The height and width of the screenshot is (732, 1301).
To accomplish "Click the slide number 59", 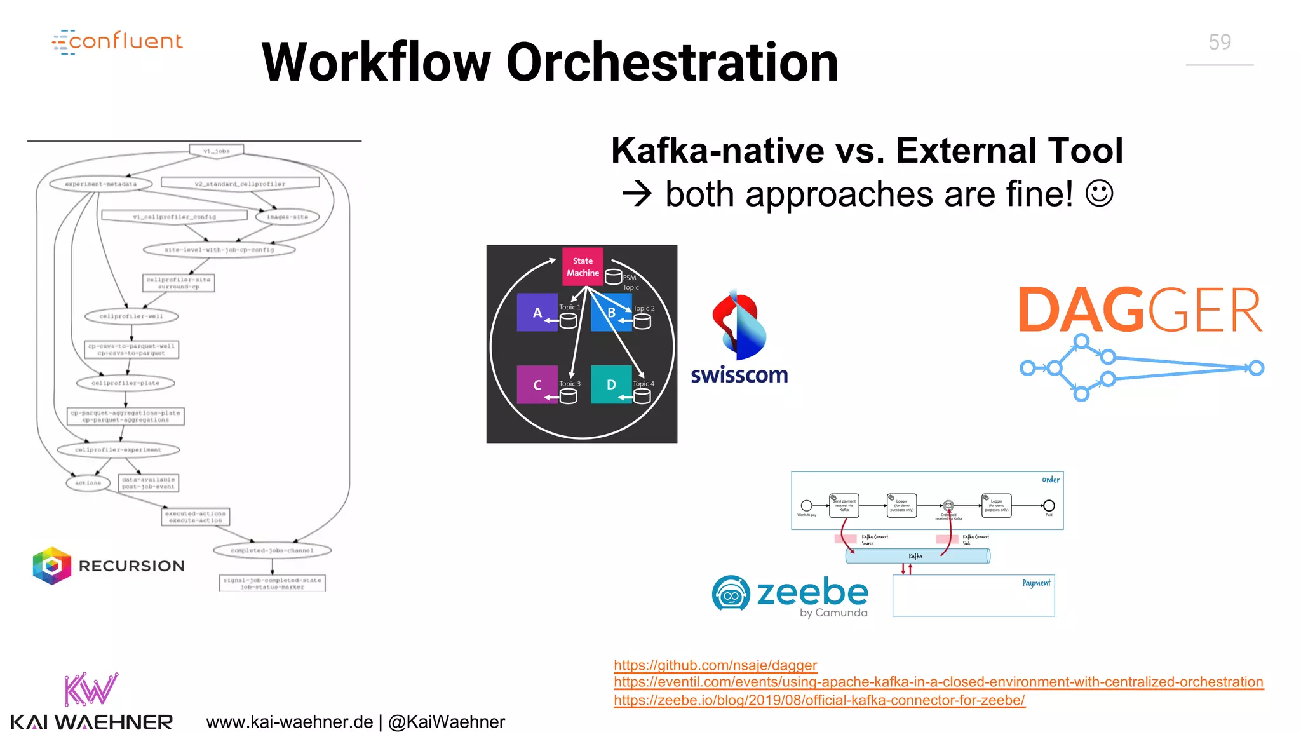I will click(1219, 42).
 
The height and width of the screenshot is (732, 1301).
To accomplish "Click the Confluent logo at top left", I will click(118, 42).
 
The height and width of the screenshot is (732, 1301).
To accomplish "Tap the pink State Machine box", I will click(583, 267).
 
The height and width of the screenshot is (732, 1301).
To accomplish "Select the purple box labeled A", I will click(537, 313).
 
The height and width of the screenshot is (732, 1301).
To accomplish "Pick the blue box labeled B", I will click(610, 313).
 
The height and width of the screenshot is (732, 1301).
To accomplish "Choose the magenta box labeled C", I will click(537, 384).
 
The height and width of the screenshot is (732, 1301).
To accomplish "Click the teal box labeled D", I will click(610, 384).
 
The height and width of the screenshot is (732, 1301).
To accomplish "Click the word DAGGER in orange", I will click(1140, 311).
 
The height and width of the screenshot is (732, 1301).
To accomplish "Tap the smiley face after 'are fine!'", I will click(1099, 193).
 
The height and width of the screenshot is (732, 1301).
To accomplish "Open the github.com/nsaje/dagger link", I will click(715, 665).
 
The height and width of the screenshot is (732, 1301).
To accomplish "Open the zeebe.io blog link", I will click(819, 700).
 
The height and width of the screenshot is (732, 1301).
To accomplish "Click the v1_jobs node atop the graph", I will click(217, 151).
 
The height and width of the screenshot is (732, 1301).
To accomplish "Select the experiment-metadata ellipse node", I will click(100, 184).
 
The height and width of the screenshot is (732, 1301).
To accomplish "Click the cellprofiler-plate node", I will click(125, 383).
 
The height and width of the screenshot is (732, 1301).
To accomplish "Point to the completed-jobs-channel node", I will click(272, 550).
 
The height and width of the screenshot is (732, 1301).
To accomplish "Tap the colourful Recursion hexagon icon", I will click(51, 566).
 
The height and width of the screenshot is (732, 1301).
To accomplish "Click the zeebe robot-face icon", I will click(731, 593).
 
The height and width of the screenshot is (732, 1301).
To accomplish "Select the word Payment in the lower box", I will click(1035, 583).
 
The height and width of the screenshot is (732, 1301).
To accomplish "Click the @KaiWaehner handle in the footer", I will click(447, 722).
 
